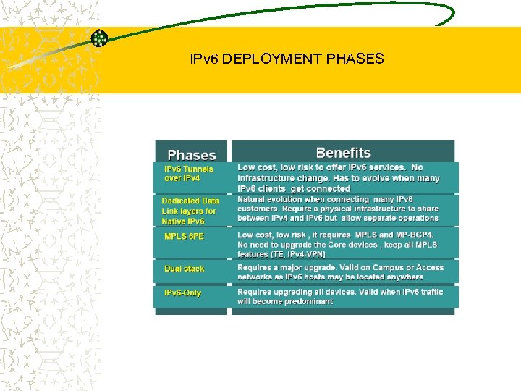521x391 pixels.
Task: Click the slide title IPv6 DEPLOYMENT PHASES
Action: [x=286, y=59]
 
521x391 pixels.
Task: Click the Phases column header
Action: [x=192, y=155]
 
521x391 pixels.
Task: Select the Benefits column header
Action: [x=343, y=153]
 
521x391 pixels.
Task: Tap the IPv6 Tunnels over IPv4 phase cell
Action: [x=189, y=173]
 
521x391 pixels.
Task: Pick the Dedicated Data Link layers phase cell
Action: [x=190, y=211]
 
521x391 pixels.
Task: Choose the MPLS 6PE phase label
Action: [x=184, y=237]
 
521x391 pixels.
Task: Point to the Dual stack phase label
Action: [x=185, y=269]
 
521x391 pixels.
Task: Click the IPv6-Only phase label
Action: [x=183, y=293]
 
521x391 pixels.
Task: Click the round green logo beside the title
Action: [x=99, y=38]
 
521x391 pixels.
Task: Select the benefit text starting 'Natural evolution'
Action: [x=338, y=209]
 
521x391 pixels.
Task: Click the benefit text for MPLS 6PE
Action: [x=337, y=244]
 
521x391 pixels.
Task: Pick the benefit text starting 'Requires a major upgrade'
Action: [x=340, y=272]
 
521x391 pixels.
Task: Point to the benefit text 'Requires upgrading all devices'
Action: [x=340, y=296]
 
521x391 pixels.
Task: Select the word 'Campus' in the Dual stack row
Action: [x=393, y=268]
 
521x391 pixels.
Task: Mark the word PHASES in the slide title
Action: [x=355, y=59]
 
